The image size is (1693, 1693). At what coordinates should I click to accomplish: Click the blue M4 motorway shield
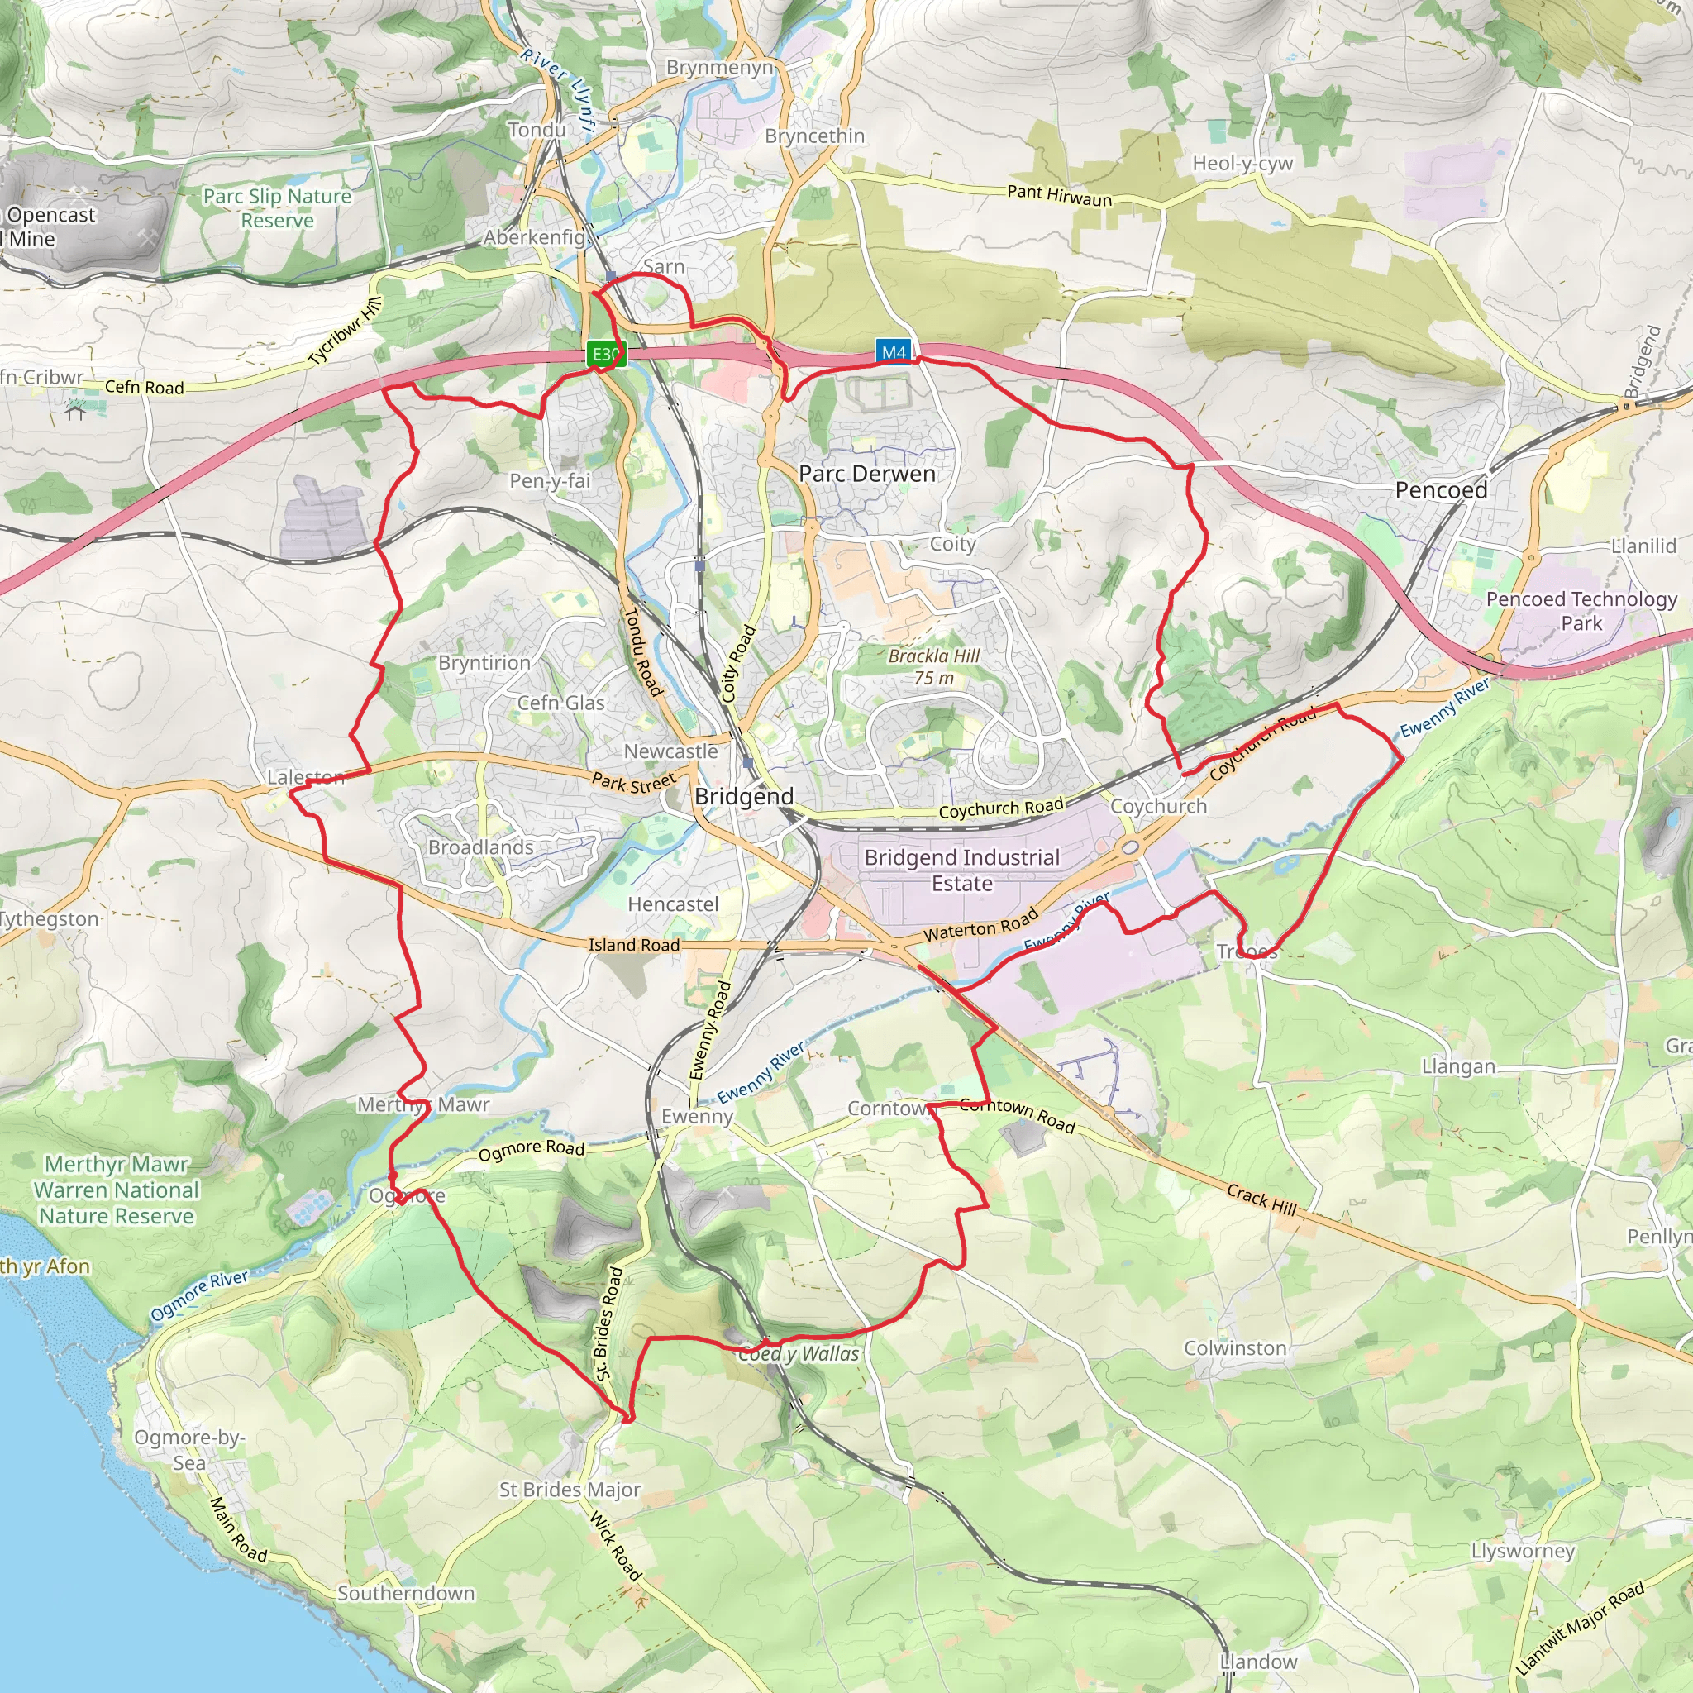point(893,352)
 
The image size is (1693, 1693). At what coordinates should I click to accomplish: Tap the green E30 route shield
point(605,354)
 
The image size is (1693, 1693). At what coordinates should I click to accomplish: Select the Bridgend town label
point(744,796)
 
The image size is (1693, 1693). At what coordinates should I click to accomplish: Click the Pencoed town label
point(1441,490)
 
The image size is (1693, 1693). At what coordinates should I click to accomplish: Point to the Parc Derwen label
point(866,474)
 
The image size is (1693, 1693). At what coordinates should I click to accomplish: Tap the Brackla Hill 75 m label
point(934,666)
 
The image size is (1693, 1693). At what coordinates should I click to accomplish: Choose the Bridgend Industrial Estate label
point(961,870)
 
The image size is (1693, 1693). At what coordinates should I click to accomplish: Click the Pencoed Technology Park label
point(1581,611)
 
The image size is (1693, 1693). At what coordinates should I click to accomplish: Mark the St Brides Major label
point(570,1489)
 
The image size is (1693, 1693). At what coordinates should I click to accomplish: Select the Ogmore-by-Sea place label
point(188,1449)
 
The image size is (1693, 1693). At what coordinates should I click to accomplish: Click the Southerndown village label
point(406,1592)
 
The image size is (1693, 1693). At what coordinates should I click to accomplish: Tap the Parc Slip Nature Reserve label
point(277,207)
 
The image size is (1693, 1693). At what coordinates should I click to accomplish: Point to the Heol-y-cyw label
point(1242,163)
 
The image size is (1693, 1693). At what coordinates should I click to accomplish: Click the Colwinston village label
point(1235,1347)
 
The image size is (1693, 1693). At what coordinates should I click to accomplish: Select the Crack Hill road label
point(1261,1199)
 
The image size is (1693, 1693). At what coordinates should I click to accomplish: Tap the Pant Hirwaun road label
point(1059,194)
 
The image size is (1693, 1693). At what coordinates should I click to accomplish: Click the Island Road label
point(633,945)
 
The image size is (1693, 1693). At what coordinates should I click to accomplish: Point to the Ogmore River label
point(199,1295)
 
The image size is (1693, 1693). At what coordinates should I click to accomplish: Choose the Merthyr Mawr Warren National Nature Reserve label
point(117,1190)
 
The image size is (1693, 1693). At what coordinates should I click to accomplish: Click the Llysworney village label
point(1523,1550)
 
